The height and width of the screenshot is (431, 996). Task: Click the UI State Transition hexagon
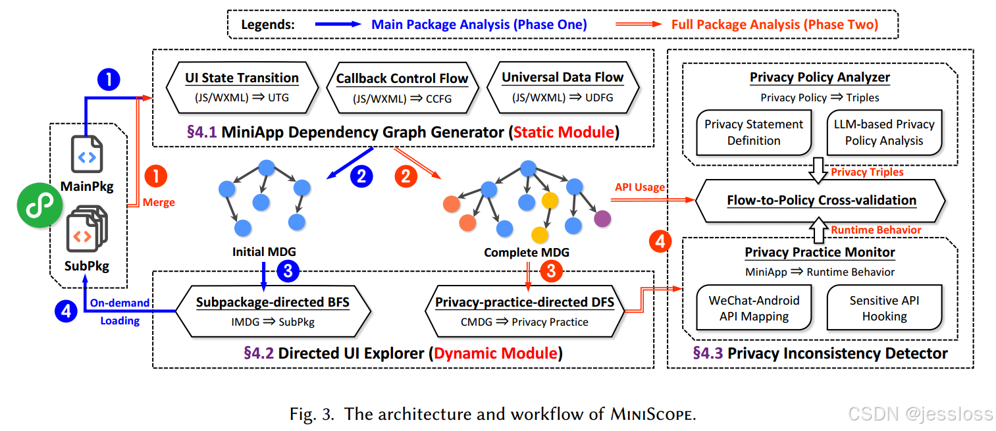pyautogui.click(x=242, y=88)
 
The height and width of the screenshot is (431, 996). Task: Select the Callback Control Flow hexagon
pyautogui.click(x=402, y=88)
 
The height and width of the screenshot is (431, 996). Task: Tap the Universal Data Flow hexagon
pyautogui.click(x=562, y=88)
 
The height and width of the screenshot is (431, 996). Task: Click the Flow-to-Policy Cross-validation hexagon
pyautogui.click(x=821, y=200)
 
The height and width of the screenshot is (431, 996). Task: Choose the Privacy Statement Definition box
pyautogui.click(x=754, y=132)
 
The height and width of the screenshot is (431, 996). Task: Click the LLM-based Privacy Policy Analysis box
pyautogui.click(x=884, y=132)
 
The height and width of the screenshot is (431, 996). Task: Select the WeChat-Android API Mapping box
pyautogui.click(x=754, y=308)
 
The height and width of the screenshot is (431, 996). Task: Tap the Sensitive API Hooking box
pyautogui.click(x=884, y=308)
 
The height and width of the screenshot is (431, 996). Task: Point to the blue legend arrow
pyautogui.click(x=337, y=25)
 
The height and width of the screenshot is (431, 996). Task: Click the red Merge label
pyautogui.click(x=159, y=202)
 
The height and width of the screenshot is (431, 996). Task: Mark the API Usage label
pyautogui.click(x=640, y=188)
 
